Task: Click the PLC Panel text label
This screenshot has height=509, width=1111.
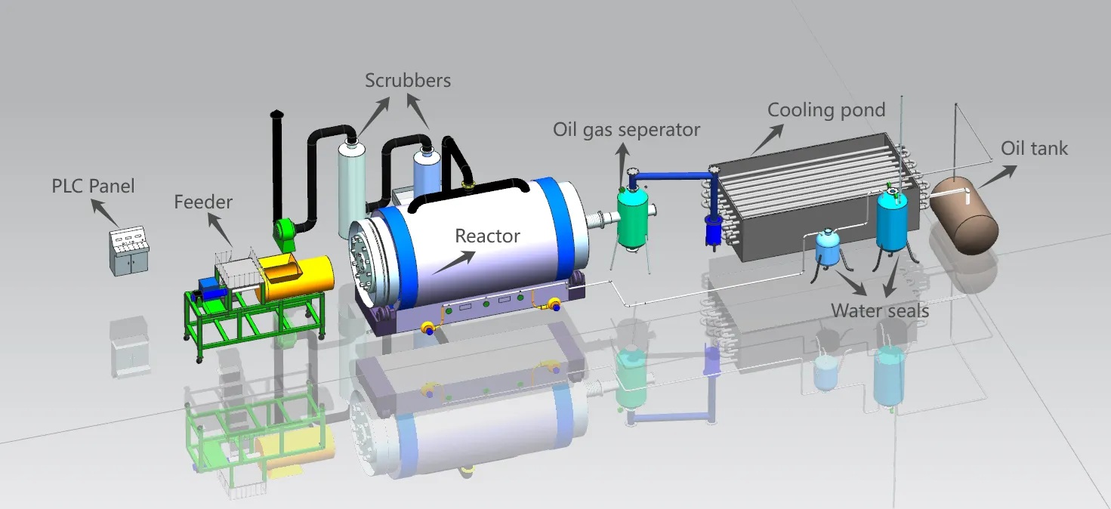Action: click(x=93, y=186)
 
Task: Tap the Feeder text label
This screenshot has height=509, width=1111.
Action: click(x=203, y=202)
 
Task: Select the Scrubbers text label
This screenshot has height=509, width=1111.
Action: click(x=408, y=80)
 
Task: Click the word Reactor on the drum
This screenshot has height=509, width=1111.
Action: click(x=488, y=236)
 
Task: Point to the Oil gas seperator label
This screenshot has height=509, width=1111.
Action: click(x=626, y=130)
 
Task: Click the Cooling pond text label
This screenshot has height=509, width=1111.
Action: click(x=826, y=110)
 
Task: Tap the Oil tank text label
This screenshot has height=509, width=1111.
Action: click(x=1034, y=148)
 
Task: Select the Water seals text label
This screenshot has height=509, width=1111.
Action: click(x=880, y=310)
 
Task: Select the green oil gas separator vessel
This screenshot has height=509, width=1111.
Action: click(x=632, y=218)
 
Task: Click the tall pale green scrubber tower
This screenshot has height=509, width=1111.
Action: click(x=352, y=189)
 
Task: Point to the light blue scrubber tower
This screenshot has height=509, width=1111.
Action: click(x=427, y=171)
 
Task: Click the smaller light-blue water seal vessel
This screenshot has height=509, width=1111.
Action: click(x=827, y=246)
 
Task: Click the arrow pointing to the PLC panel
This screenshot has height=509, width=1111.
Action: click(x=105, y=213)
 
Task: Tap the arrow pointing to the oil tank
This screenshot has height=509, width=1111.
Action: click(x=997, y=177)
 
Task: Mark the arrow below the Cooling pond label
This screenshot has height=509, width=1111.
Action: click(x=767, y=140)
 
